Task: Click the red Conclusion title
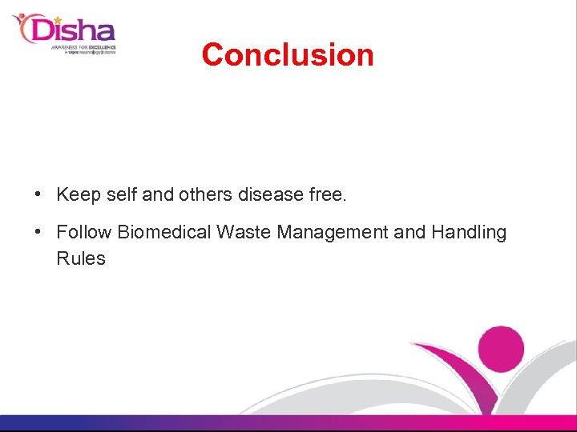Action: click(x=288, y=54)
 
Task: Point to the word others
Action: click(x=205, y=194)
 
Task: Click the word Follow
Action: click(x=83, y=233)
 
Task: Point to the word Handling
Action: click(x=469, y=233)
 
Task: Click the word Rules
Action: click(x=81, y=258)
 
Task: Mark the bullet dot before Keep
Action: click(x=38, y=194)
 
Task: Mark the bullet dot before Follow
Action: click(x=38, y=233)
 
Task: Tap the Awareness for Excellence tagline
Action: click(x=84, y=47)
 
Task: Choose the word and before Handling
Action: click(x=410, y=233)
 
